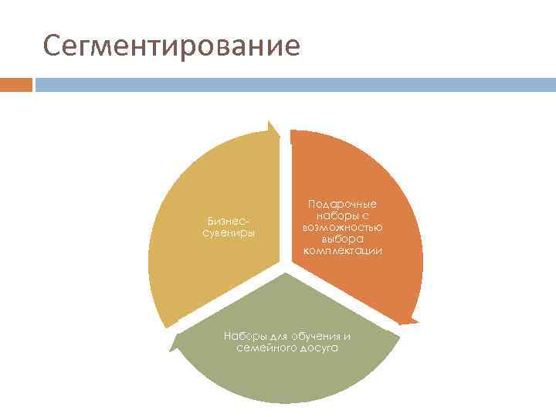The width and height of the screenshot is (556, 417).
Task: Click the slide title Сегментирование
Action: (x=171, y=46)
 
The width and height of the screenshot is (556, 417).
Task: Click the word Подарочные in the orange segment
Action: (x=342, y=203)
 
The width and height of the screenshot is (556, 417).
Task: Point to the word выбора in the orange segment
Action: (x=342, y=239)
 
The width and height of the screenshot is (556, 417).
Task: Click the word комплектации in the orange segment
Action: (x=342, y=252)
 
